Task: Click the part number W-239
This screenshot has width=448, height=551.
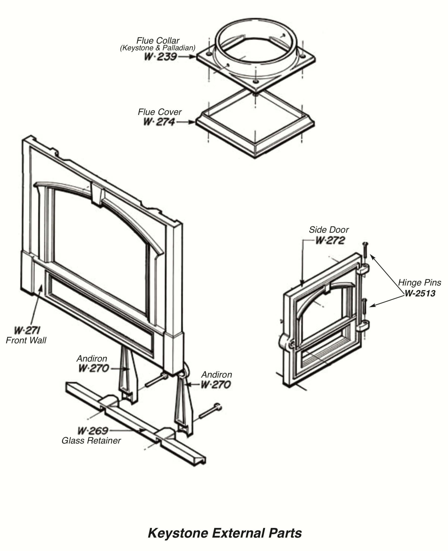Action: [161, 57]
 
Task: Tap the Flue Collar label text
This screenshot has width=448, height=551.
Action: [158, 40]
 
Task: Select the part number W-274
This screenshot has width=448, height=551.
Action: [159, 122]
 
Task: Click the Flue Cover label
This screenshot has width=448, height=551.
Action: [160, 112]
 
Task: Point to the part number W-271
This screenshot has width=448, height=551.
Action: [27, 331]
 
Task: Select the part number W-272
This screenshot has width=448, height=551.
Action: [330, 240]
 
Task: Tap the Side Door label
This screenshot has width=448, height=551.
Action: [328, 230]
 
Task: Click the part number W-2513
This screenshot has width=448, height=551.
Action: [420, 293]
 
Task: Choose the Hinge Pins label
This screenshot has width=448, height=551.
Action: [419, 282]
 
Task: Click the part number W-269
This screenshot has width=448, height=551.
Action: [93, 431]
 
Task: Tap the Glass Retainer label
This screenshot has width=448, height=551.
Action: [91, 440]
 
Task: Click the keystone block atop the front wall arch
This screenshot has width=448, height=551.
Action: [98, 194]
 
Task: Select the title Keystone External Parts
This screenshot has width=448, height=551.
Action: [224, 533]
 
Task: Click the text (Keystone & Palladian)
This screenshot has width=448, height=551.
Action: [158, 48]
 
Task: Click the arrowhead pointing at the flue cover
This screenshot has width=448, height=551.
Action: [191, 122]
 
